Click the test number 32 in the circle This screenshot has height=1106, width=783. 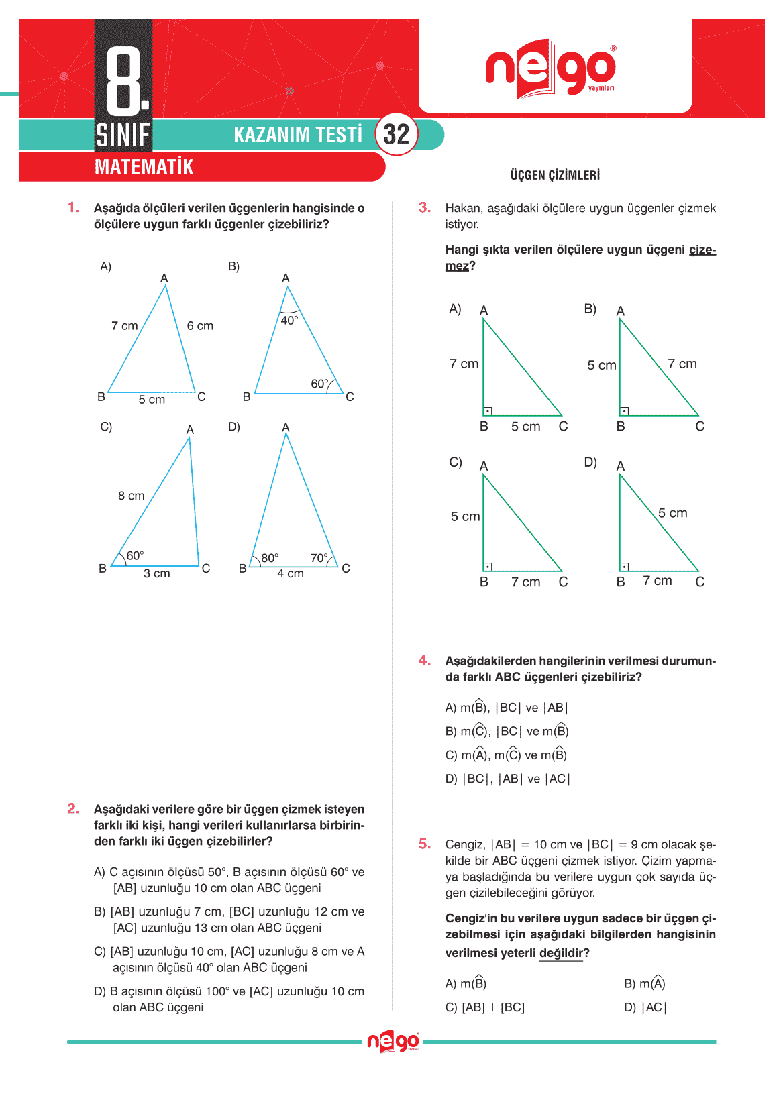396,135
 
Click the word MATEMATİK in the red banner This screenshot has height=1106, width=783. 144,167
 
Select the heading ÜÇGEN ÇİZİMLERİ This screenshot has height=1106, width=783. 555,176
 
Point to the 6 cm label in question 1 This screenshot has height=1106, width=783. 200,326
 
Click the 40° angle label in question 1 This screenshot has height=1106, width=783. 289,321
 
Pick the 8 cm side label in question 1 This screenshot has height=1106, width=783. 131,496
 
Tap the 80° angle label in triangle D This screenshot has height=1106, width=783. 270,558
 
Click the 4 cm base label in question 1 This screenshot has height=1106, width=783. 291,574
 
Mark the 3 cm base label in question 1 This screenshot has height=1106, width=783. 157,574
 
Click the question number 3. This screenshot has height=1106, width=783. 424,208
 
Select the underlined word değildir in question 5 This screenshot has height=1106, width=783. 561,954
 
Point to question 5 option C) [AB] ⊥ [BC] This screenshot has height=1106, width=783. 485,1007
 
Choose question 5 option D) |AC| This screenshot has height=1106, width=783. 645,1007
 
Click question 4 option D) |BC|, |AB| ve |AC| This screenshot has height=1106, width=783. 508,779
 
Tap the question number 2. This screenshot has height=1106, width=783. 73,809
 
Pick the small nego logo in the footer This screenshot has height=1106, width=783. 393,1042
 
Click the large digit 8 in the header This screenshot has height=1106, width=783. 124,80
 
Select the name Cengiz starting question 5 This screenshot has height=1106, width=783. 464,845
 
